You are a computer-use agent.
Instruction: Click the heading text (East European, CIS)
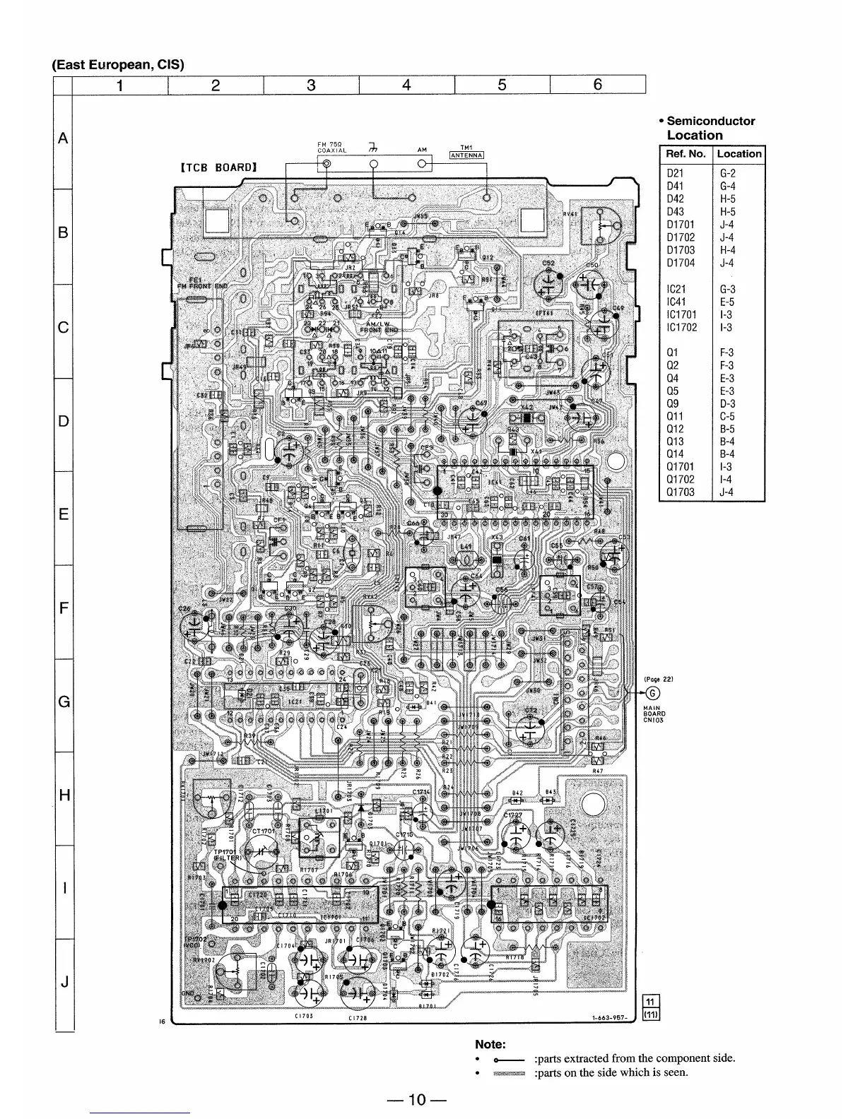point(118,64)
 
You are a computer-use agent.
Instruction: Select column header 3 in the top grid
point(311,85)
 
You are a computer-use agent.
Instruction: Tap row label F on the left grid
point(64,608)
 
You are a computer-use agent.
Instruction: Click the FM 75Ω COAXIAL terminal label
point(331,147)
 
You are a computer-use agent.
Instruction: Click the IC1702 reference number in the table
point(682,327)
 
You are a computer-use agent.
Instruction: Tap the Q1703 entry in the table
point(681,492)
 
